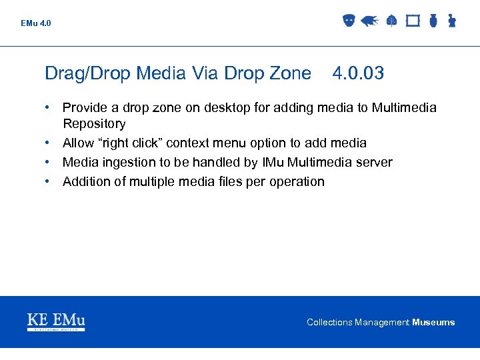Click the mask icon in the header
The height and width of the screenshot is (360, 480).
point(349,21)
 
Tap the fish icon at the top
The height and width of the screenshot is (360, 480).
point(369,21)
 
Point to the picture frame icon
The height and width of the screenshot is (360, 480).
point(413,21)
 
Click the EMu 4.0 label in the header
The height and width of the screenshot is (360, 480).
point(35,23)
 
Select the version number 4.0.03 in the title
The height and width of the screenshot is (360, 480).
point(357,73)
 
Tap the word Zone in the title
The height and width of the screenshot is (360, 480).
point(291,73)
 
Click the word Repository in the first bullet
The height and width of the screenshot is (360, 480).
point(94,123)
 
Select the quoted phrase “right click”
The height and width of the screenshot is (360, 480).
point(129,143)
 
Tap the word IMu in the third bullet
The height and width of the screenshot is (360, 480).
point(272,162)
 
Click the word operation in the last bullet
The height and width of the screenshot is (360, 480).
point(297,181)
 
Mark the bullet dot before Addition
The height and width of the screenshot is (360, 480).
point(49,181)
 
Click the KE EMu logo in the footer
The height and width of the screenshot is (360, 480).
point(56,321)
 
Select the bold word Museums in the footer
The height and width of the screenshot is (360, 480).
point(433,322)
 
